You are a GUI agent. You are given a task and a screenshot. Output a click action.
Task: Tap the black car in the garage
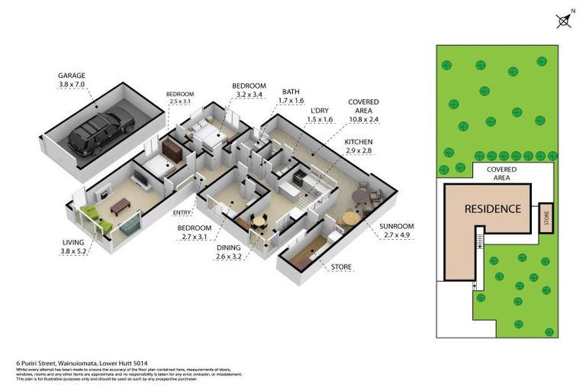(x=101, y=132)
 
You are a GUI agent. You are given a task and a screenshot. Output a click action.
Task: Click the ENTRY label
(x=182, y=212)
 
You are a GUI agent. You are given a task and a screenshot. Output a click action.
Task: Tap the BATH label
(x=291, y=91)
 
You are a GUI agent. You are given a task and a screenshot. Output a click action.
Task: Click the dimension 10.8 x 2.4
(x=363, y=120)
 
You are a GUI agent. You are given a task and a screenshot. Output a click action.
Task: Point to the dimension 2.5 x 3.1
(x=181, y=102)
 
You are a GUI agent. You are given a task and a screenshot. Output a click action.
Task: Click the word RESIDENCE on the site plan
(x=493, y=208)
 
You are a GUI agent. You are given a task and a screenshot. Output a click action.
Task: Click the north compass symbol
(x=564, y=21)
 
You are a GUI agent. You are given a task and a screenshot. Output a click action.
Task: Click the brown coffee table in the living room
(x=121, y=205)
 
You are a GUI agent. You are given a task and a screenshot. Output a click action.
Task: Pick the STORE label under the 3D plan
(x=341, y=267)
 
